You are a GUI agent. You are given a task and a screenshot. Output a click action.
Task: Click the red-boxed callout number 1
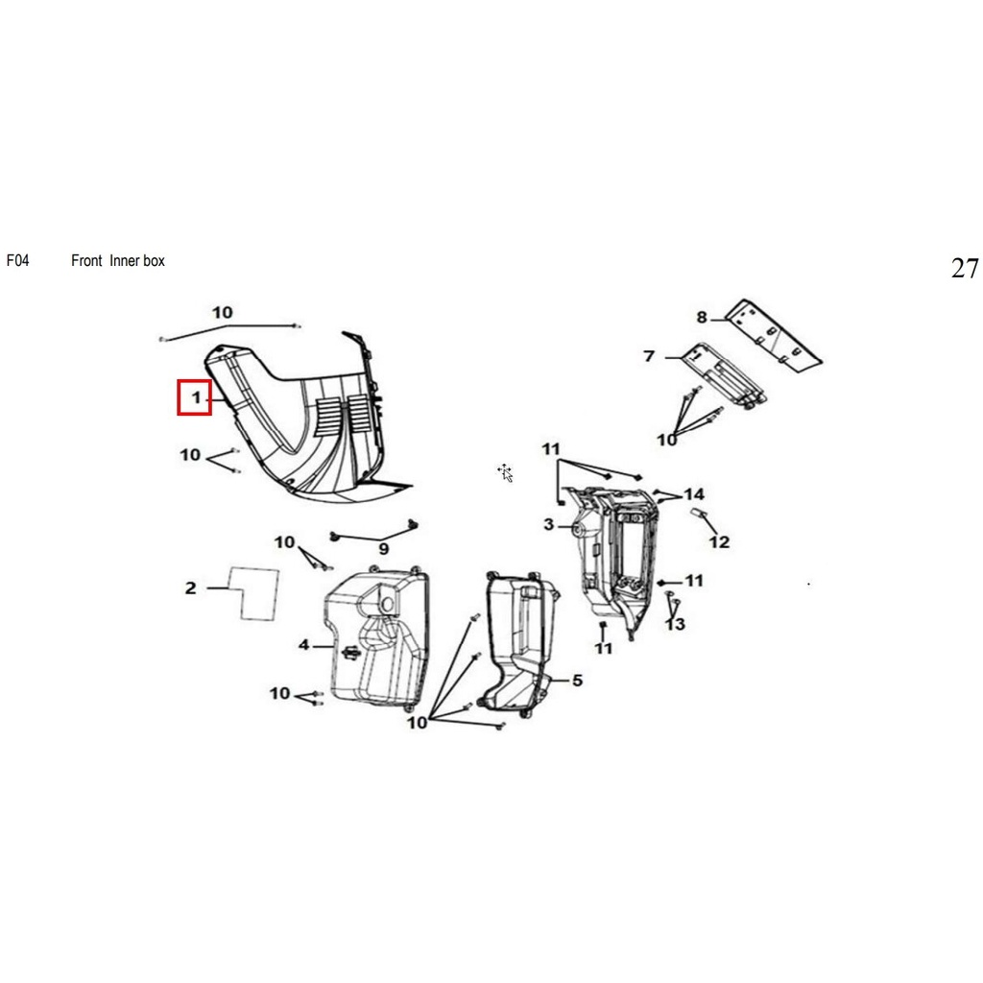[x=196, y=397]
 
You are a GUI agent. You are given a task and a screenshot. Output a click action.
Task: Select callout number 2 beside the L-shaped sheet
[x=191, y=588]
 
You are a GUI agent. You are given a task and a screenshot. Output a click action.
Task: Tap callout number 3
[x=549, y=524]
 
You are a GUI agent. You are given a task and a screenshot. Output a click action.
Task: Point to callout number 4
[x=304, y=644]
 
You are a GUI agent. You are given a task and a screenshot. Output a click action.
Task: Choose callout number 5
[x=577, y=681]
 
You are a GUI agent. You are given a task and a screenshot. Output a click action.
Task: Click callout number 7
[x=650, y=356]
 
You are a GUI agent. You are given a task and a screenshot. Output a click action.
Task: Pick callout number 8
[x=702, y=317]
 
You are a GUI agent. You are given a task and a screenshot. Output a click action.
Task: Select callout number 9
[x=384, y=549]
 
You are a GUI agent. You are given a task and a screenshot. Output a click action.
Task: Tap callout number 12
[x=720, y=541]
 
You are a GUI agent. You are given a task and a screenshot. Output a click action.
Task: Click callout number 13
[x=675, y=624]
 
